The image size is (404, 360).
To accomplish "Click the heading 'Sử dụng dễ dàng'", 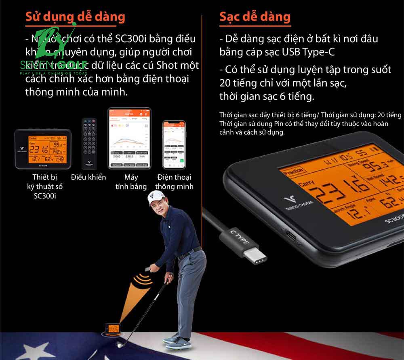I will tap(75, 17).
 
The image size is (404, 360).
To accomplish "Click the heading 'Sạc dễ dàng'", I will tap(255, 17).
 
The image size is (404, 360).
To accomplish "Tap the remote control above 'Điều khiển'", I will tap(89, 144).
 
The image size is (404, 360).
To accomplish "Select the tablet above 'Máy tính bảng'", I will tap(129, 138).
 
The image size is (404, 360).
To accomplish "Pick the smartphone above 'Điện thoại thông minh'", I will tap(173, 144).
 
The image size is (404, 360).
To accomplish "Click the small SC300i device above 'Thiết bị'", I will tap(43, 148).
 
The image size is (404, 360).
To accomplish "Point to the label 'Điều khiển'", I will tap(88, 177).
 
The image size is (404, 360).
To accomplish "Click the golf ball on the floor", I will tap(120, 345).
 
